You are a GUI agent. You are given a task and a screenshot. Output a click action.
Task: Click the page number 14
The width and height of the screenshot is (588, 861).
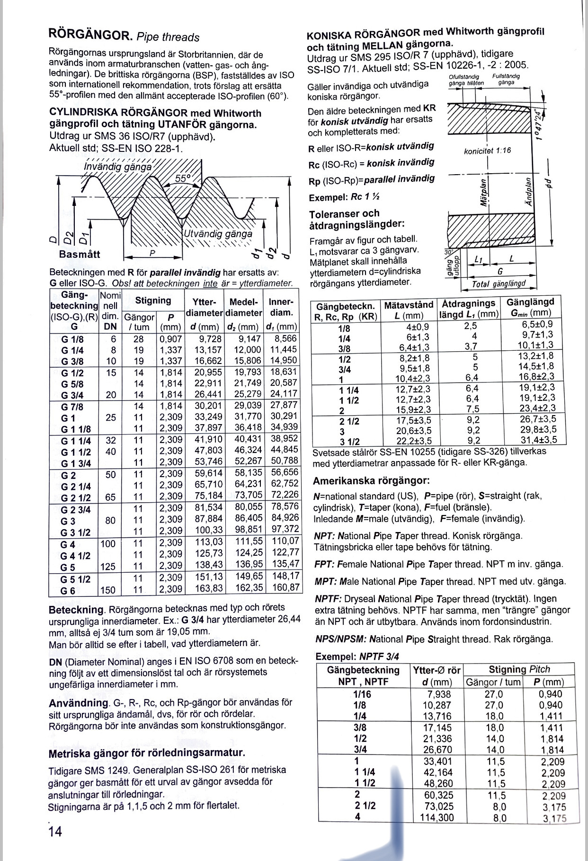pos(55,831)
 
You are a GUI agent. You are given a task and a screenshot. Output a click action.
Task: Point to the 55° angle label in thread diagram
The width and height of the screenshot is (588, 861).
pos(183,178)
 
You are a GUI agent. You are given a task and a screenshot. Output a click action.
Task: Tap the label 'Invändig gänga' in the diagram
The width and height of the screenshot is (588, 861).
pos(118,167)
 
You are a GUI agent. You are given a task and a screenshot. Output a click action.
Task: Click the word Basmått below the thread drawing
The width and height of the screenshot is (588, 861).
pos(80,254)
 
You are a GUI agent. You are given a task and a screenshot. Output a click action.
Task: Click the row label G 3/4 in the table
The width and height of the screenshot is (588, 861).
pos(72,394)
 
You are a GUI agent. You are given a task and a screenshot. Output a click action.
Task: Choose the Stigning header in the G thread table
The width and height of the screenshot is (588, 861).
pos(152,300)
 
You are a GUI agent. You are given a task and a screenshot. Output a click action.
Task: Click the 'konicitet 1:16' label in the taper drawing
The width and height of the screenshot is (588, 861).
pos(488,151)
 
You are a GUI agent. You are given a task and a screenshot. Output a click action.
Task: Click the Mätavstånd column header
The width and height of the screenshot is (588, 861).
pos(409,304)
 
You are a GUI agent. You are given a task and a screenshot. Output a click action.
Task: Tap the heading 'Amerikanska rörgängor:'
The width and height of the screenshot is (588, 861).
pos(371,481)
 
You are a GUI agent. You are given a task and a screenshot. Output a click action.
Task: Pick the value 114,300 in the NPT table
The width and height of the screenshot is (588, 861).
pos(437,817)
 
